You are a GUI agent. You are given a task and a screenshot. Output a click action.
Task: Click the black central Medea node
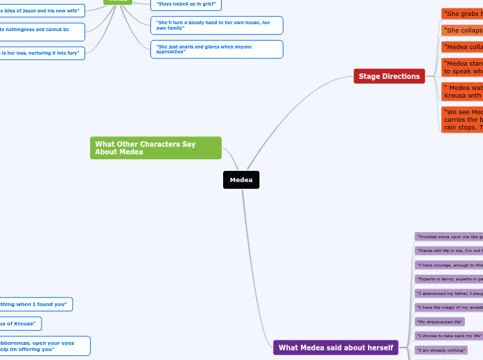point(241,180)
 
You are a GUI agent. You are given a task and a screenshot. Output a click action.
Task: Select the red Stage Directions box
point(389,76)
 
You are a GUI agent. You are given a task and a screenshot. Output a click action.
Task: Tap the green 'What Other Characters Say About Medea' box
point(155,147)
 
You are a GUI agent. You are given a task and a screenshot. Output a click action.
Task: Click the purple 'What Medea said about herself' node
point(335,348)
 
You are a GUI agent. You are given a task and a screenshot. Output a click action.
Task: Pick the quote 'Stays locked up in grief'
point(187,4)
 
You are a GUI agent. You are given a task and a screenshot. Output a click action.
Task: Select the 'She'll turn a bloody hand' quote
point(216,26)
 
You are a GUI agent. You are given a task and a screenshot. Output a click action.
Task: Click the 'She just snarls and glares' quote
point(216,49)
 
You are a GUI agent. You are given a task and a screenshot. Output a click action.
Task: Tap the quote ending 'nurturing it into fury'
point(42,53)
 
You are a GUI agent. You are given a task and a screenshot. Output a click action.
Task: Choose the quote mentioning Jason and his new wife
point(42,10)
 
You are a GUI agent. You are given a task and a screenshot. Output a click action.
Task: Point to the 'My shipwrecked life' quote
point(439,321)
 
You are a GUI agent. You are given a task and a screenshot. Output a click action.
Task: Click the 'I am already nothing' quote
point(440,350)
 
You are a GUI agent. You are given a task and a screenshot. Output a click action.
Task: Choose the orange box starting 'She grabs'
point(462,14)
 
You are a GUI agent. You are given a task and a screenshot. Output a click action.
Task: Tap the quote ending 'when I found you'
point(35,304)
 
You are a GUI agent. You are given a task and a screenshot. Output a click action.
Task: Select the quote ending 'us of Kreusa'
point(20,323)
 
